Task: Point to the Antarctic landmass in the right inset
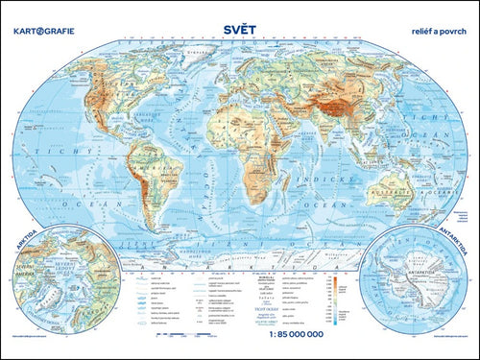417,279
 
